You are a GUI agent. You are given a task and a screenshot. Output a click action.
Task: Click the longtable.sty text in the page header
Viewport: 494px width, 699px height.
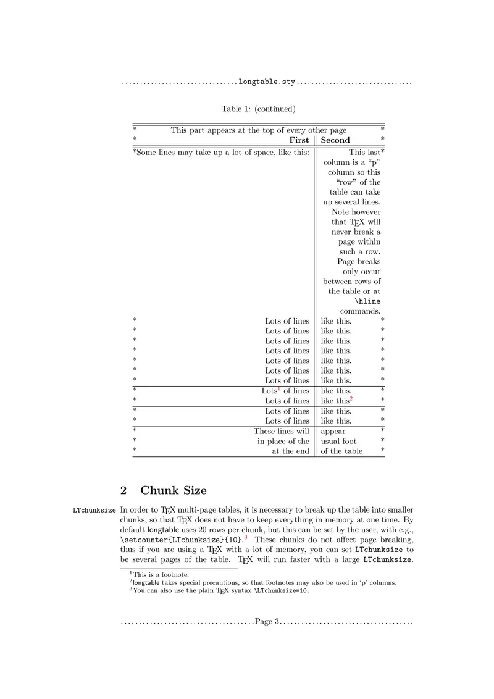pyautogui.click(x=267, y=82)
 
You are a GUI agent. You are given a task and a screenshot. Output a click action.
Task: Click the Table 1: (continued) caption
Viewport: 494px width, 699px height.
pyautogui.click(x=259, y=109)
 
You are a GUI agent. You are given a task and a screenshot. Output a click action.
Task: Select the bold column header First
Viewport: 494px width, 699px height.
pyautogui.click(x=299, y=140)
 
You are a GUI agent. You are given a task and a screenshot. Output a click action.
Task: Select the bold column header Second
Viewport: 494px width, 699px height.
pyautogui.click(x=335, y=140)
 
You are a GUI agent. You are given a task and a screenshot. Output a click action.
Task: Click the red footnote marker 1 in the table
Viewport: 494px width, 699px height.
pyautogui.click(x=279, y=388)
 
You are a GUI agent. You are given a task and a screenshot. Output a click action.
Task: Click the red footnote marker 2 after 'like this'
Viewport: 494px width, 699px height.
pyautogui.click(x=351, y=398)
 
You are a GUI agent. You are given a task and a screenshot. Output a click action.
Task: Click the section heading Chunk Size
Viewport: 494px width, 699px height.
pyautogui.click(x=174, y=490)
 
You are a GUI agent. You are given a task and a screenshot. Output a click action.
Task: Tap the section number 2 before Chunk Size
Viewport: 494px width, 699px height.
pyautogui.click(x=124, y=490)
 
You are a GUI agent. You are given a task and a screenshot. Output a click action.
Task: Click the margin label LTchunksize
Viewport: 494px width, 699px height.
pyautogui.click(x=94, y=511)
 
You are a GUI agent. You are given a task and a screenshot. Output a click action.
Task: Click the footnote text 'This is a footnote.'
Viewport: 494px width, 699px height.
pyautogui.click(x=154, y=574)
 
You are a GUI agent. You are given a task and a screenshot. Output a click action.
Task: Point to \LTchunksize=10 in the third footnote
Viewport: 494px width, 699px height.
pyautogui.click(x=282, y=590)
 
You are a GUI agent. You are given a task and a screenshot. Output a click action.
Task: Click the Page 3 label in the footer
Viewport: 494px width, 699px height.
pyautogui.click(x=267, y=621)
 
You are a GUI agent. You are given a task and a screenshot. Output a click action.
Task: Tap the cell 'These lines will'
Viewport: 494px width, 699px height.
pyautogui.click(x=282, y=431)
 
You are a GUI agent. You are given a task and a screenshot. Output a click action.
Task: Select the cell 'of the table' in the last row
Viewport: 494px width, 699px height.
pyautogui.click(x=341, y=451)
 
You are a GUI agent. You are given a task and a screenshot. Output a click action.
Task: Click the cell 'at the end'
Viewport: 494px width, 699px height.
pyautogui.click(x=291, y=451)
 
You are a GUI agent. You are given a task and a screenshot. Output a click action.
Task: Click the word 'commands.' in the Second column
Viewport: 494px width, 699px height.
pyautogui.click(x=360, y=311)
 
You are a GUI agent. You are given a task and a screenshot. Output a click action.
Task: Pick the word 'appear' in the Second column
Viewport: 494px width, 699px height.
pyautogui.click(x=333, y=431)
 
